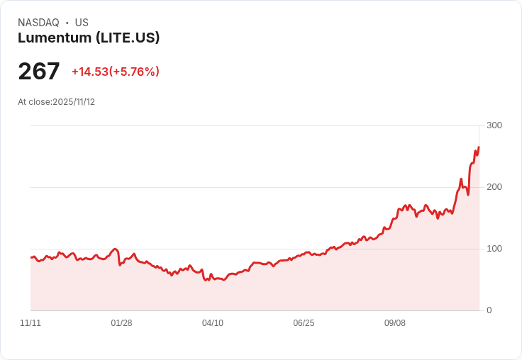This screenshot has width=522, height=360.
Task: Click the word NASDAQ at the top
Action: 38,23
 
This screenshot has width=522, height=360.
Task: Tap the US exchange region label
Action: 82,23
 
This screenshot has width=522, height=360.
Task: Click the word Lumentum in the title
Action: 54,38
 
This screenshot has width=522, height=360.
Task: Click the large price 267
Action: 39,72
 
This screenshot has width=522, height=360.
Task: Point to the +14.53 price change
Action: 89,72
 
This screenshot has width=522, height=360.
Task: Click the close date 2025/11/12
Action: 74,102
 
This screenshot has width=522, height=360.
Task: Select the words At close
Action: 34,102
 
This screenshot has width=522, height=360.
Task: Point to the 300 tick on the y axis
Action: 494,125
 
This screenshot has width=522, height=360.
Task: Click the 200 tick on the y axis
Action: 494,187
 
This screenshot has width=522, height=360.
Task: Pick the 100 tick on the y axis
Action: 494,249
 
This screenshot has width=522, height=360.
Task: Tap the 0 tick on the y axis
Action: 489,310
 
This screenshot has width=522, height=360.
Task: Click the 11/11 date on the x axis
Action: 30,323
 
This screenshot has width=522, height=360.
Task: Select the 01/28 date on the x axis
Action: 121,323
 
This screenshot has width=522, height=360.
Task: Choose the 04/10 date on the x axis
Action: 213,323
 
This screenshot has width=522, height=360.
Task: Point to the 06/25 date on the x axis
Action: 304,323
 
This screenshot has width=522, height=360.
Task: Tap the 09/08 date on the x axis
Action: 395,323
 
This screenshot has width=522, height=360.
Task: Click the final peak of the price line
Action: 479,147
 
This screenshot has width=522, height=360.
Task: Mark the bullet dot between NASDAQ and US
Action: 67,23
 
